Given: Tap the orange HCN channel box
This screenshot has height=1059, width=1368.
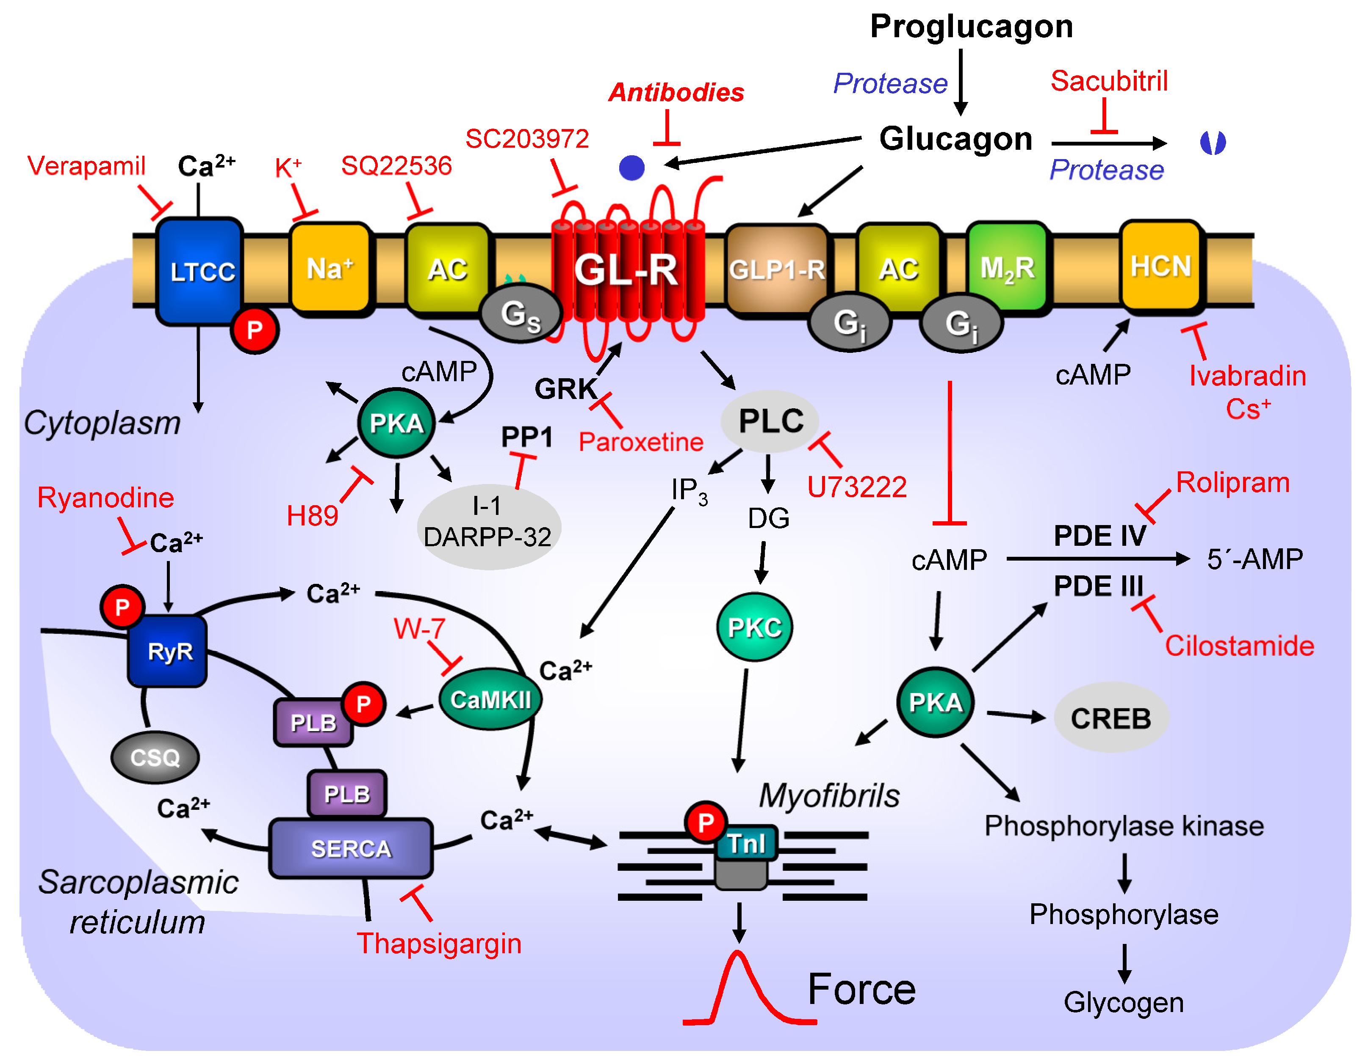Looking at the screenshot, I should pyautogui.click(x=1160, y=266).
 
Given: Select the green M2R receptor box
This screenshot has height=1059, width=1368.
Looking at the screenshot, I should pyautogui.click(x=1007, y=267).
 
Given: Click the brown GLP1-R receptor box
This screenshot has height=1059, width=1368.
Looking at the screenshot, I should pyautogui.click(x=777, y=269).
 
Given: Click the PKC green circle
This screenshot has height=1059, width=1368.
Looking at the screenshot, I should pyautogui.click(x=754, y=627).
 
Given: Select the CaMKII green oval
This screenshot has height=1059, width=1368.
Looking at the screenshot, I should pyautogui.click(x=490, y=699).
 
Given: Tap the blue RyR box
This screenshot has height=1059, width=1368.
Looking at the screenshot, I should pyautogui.click(x=168, y=651).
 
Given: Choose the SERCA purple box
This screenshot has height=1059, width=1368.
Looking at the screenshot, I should pyautogui.click(x=351, y=848).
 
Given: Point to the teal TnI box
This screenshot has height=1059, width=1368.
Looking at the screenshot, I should pyautogui.click(x=745, y=843).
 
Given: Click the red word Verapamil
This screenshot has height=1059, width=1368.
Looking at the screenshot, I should pyautogui.click(x=86, y=166).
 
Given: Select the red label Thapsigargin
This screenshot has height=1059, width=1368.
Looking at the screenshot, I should pyautogui.click(x=438, y=943).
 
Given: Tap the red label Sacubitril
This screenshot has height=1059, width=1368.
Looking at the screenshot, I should pyautogui.click(x=1109, y=81).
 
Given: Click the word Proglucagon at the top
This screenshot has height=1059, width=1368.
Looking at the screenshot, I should pyautogui.click(x=971, y=26).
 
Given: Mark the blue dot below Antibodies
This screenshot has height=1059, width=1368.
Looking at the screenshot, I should pyautogui.click(x=631, y=168).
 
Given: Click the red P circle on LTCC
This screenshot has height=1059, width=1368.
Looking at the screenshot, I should pyautogui.click(x=254, y=330).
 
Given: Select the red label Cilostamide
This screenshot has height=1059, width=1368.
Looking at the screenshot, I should pyautogui.click(x=1239, y=645).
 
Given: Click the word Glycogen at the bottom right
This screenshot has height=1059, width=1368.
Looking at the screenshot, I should pyautogui.click(x=1123, y=1002).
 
